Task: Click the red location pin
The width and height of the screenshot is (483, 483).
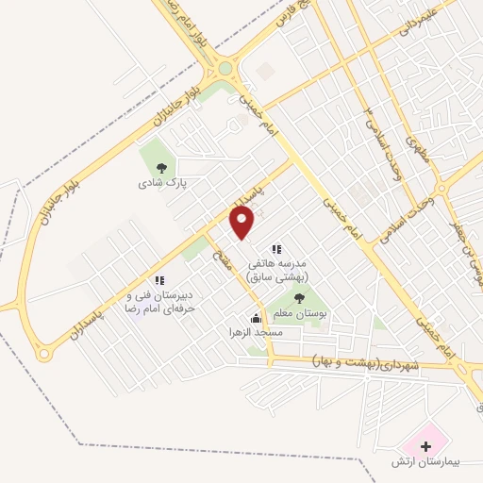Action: click(x=243, y=223)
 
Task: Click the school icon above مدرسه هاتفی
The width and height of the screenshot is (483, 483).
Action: click(x=276, y=249)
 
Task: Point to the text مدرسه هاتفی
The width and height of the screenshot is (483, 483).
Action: click(x=284, y=265)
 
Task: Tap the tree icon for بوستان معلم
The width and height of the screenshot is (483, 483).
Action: click(x=299, y=299)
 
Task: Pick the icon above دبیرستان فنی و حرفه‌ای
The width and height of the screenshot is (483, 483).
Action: click(x=159, y=280)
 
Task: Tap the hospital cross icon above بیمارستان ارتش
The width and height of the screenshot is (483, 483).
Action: click(x=425, y=444)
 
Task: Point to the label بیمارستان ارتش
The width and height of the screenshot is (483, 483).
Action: click(x=425, y=462)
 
